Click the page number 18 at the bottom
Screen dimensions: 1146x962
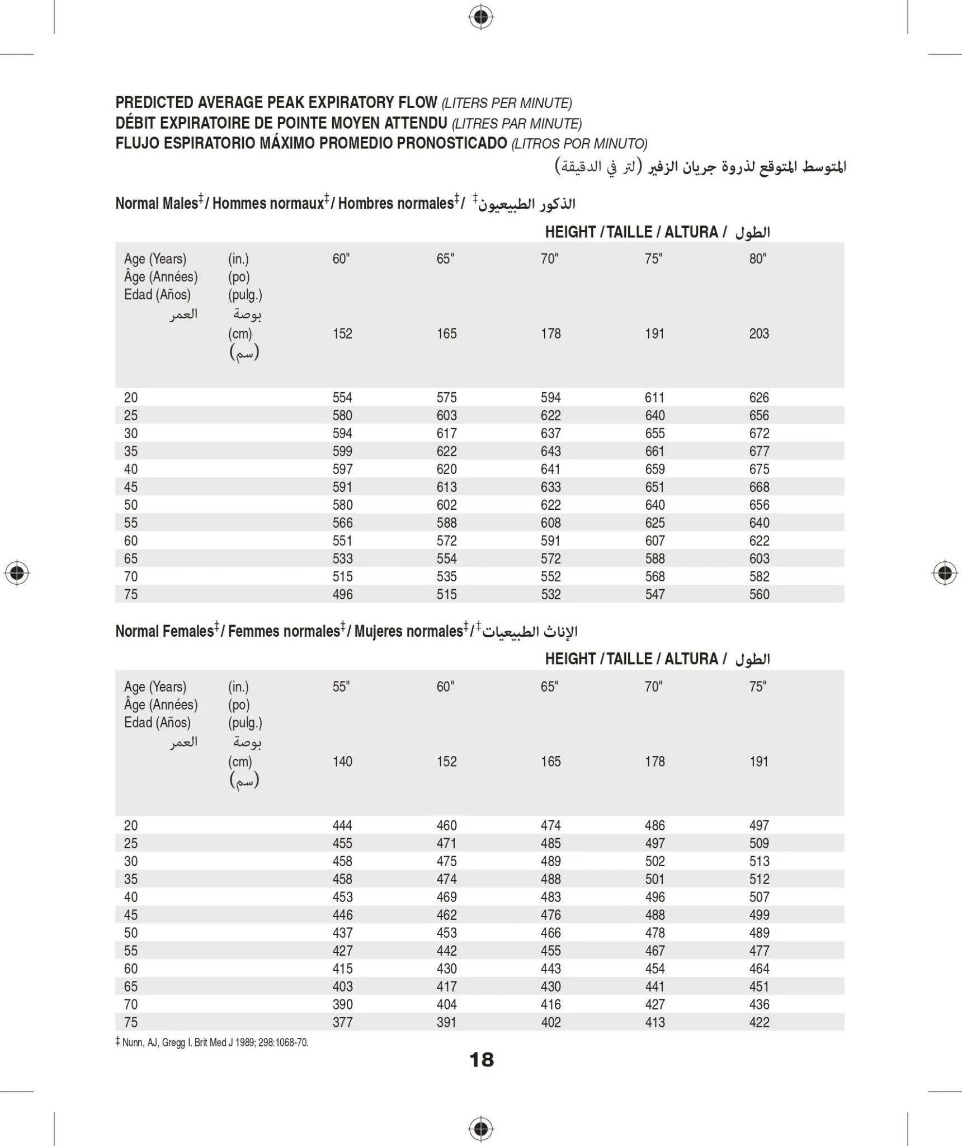coord(482,1059)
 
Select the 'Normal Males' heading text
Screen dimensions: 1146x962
coord(157,203)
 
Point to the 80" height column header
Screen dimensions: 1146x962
coord(758,259)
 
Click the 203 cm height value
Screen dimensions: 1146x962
coord(759,334)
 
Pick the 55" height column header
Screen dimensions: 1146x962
coord(341,687)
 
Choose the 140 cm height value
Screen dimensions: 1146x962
coord(342,761)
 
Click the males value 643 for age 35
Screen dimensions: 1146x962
coord(551,451)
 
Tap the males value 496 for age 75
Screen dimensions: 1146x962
coord(342,594)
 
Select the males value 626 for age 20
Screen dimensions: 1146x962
coord(759,397)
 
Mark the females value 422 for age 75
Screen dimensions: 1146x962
coord(759,1022)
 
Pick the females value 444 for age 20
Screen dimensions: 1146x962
coord(342,825)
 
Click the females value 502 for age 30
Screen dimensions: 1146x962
coord(655,861)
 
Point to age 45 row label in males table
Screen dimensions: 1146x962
coord(131,487)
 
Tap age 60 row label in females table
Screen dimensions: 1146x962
coord(131,969)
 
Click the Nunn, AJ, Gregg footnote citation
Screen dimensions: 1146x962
coord(213,1042)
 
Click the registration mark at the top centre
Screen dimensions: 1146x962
coord(480,18)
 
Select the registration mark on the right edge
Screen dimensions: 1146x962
coord(945,572)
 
